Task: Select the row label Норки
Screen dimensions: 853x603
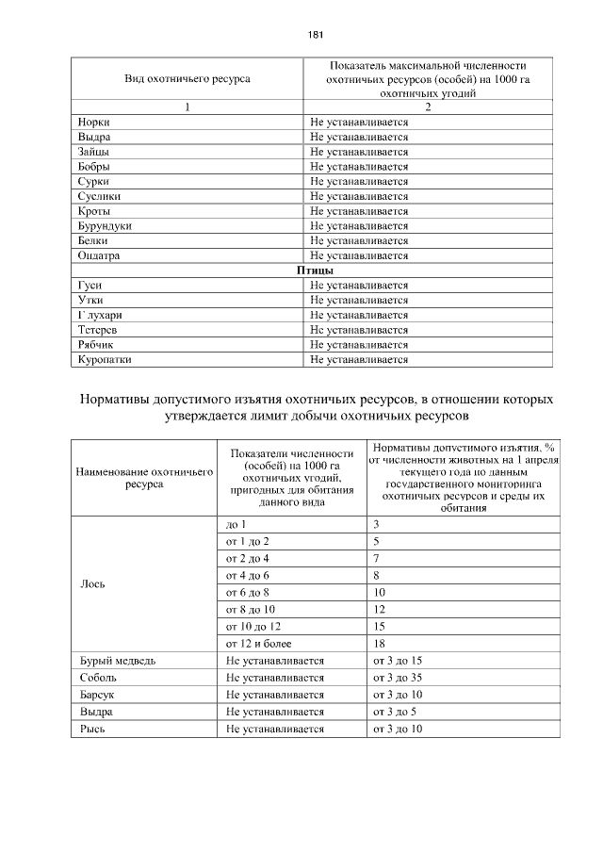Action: pos(93,123)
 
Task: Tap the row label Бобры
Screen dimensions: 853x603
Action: pos(94,167)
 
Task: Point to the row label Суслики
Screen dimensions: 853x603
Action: pos(99,196)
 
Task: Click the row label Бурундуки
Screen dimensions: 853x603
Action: pos(105,226)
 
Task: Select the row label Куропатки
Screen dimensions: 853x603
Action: pos(105,359)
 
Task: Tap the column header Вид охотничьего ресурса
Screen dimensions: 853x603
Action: pos(187,79)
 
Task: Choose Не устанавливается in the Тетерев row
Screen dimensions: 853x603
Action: pos(359,330)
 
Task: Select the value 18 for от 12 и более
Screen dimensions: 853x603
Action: pos(379,643)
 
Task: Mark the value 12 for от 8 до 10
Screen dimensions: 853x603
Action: pos(379,609)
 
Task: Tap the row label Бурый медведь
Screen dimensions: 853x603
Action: pos(117,661)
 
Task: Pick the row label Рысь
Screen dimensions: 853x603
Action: pos(92,730)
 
